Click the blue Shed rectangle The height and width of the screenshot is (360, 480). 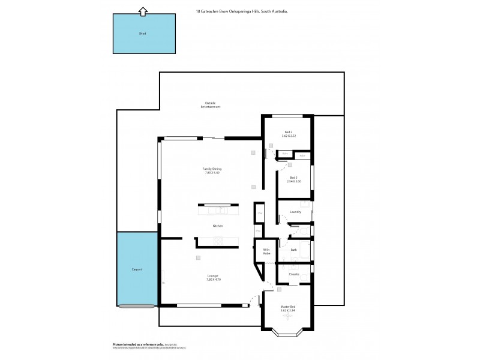click(142, 34)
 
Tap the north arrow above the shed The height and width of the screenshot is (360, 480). click(142, 10)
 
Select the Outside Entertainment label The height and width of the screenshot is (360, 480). click(211, 104)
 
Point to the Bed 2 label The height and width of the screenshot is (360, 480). click(288, 132)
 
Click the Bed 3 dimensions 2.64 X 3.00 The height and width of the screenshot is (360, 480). click(294, 181)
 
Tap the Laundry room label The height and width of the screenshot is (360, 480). click(295, 212)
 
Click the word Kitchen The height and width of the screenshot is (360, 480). click(218, 226)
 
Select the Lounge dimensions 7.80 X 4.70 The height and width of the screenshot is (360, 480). click(212, 280)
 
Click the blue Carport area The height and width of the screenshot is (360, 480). click(137, 270)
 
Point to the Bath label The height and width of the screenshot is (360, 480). click(293, 250)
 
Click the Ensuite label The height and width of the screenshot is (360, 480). click(294, 274)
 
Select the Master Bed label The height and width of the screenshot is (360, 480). click(288, 307)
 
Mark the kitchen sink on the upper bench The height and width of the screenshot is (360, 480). click(221, 210)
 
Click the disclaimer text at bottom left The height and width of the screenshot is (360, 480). click(149, 346)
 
